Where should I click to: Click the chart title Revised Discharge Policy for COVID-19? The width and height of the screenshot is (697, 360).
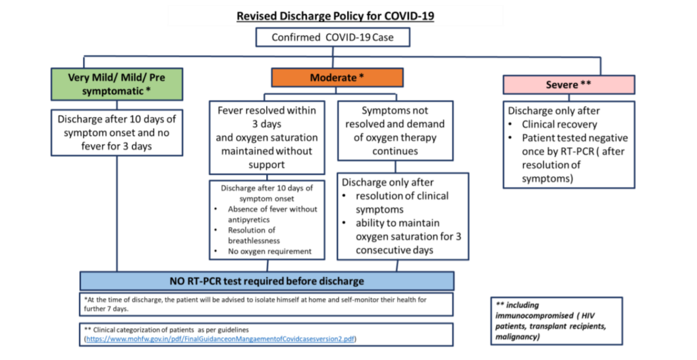pos(334,16)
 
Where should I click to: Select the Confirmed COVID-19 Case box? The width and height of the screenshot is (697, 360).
pos(333,37)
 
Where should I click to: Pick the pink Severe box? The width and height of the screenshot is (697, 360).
pos(569,85)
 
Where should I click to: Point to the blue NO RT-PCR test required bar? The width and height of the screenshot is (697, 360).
pos(267,281)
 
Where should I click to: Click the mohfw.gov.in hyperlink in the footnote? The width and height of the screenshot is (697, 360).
pos(221,338)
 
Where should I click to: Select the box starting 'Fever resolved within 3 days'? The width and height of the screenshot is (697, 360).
pos(268,137)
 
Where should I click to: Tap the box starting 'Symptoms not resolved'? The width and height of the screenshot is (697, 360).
pos(395,130)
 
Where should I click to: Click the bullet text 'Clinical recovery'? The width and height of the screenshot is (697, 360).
pos(559,125)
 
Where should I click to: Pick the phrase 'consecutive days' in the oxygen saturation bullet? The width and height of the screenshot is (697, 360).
pos(395,250)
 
